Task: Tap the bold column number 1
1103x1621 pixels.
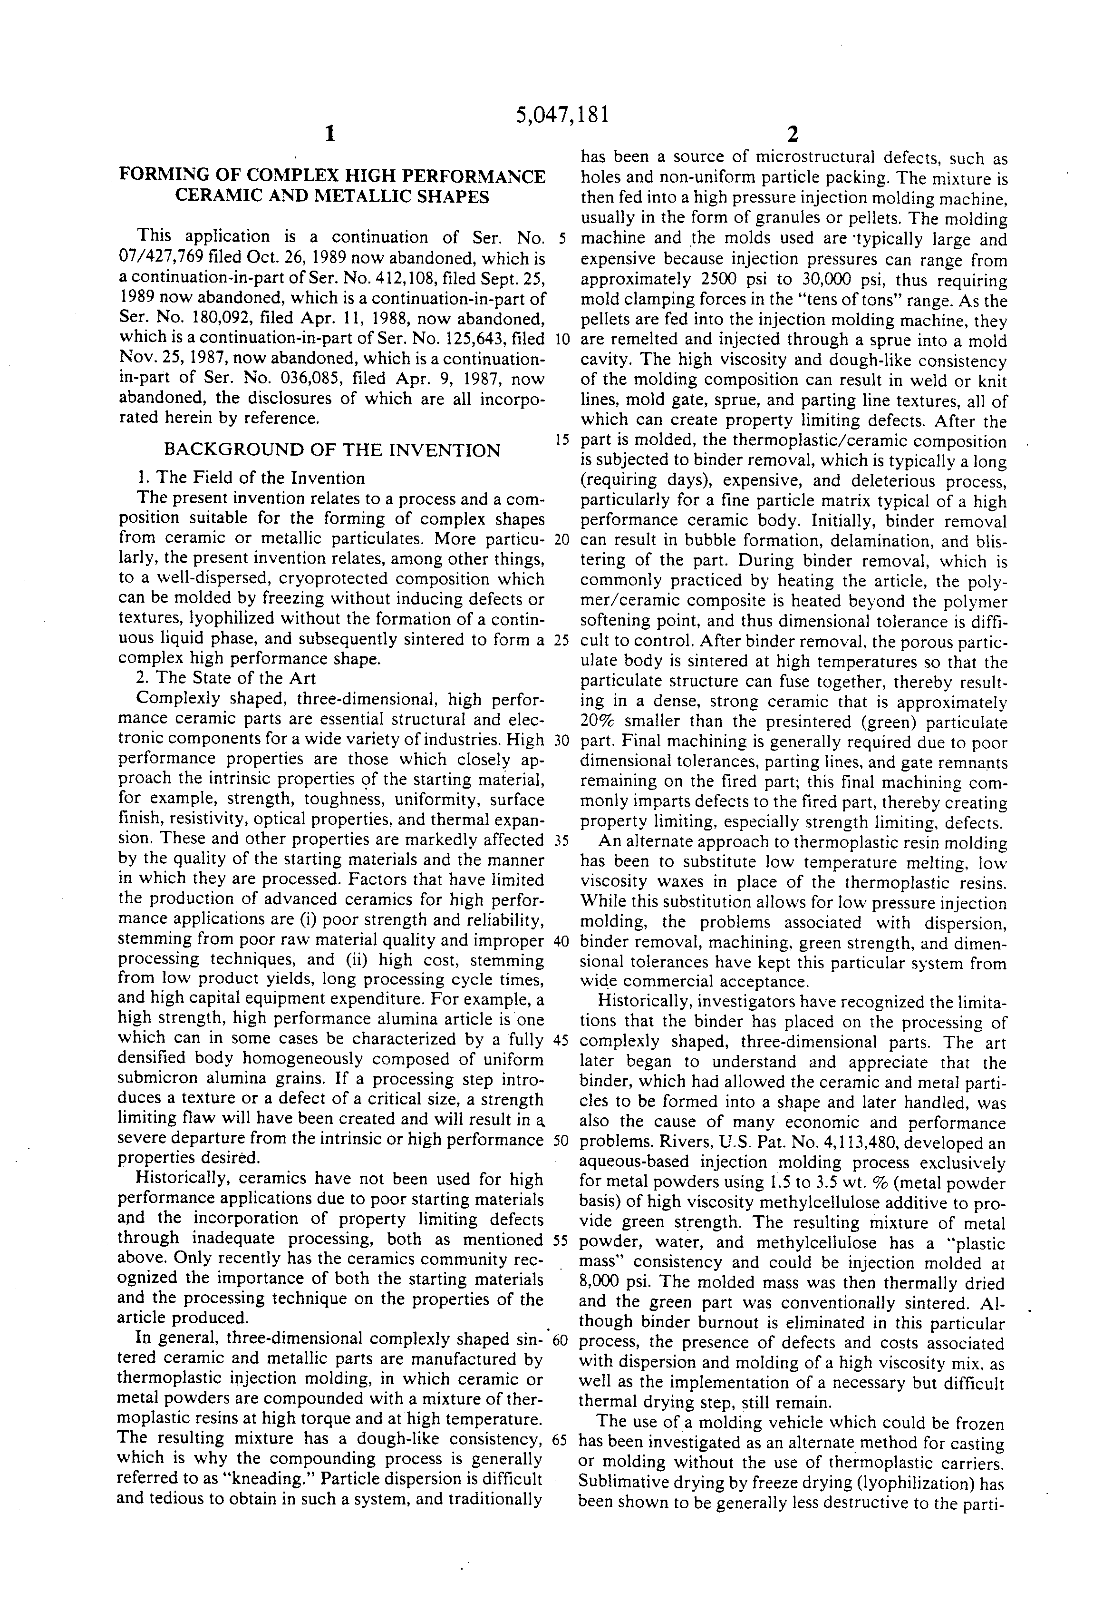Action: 330,134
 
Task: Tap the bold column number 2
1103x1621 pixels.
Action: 792,134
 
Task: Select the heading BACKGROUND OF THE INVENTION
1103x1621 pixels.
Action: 331,450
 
